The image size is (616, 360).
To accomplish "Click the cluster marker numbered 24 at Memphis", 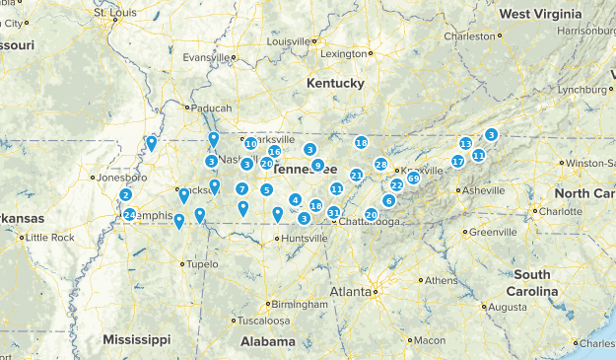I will (129, 215).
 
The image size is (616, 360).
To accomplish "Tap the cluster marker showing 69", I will (413, 178).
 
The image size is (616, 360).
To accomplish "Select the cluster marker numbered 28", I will (380, 164).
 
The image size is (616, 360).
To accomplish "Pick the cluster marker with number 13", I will (466, 143).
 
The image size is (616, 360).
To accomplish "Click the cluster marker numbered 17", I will (458, 161).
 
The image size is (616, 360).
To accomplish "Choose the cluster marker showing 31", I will (333, 212).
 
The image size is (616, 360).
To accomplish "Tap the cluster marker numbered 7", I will (241, 188).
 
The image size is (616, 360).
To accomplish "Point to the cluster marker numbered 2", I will (125, 194).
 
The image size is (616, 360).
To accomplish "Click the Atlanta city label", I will (350, 292).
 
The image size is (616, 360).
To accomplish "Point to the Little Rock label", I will (49, 238).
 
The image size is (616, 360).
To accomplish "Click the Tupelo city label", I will (201, 264).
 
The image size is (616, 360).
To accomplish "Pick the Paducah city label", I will (211, 108).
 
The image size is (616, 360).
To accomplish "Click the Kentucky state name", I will (334, 84).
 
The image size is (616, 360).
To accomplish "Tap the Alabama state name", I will (267, 341).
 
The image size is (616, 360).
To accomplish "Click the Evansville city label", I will (205, 57).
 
